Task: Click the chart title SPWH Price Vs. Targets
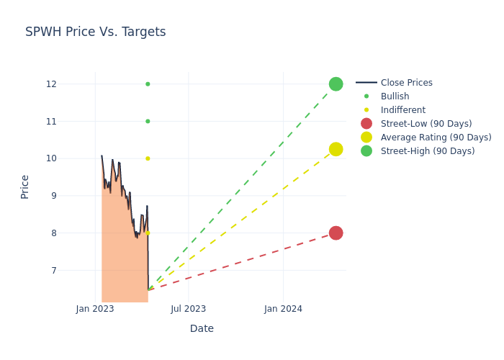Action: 95,32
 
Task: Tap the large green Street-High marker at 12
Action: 336,84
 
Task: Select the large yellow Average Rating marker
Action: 336,149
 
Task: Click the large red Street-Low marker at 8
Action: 336,233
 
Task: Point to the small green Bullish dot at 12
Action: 148,84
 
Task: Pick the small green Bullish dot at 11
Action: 148,121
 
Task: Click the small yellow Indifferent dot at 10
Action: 148,158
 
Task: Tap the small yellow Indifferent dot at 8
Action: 148,233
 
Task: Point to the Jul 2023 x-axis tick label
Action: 189,309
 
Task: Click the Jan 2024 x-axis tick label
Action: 283,309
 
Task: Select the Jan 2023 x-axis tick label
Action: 95,309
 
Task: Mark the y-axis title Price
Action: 25,186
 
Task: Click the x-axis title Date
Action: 202,328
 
